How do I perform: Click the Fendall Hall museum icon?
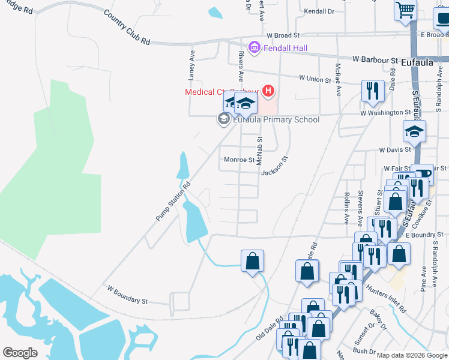(253, 46)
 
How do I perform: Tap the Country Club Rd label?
(127, 28)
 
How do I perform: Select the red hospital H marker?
(268, 91)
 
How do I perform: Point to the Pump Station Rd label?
(173, 202)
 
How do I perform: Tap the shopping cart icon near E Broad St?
(405, 10)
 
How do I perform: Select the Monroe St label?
(239, 160)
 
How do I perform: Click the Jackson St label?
(275, 164)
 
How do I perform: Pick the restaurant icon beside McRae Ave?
(373, 91)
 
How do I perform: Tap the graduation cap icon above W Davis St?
(414, 131)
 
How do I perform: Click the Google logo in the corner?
(20, 353)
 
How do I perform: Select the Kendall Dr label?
(319, 11)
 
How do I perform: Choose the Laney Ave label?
(192, 65)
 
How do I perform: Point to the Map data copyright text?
(412, 355)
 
